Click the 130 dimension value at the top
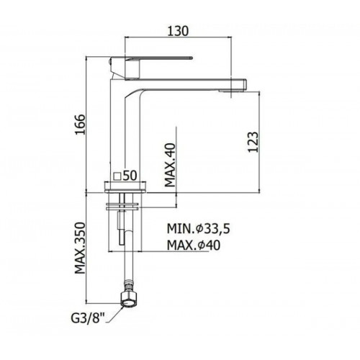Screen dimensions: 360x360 pos(178,31)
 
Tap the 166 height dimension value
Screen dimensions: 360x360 pos(80,125)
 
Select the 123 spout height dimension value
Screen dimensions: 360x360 pos(253,142)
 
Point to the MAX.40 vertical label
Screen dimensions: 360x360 pos(171,165)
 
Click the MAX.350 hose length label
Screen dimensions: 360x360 pos(80,248)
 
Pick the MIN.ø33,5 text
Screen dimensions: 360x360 pos(199,229)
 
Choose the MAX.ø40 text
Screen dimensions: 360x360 pos(194,246)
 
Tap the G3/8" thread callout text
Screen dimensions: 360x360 pos(85,319)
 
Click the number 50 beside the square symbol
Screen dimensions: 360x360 pos(130,176)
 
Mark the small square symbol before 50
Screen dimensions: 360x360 pos(117,176)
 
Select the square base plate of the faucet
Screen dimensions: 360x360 pos(125,187)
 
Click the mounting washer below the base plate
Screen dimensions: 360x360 pos(122,207)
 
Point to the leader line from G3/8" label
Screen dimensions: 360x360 pos(114,315)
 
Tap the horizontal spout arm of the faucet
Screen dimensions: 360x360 pos(186,84)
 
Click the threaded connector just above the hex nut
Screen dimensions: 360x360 pos(128,287)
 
